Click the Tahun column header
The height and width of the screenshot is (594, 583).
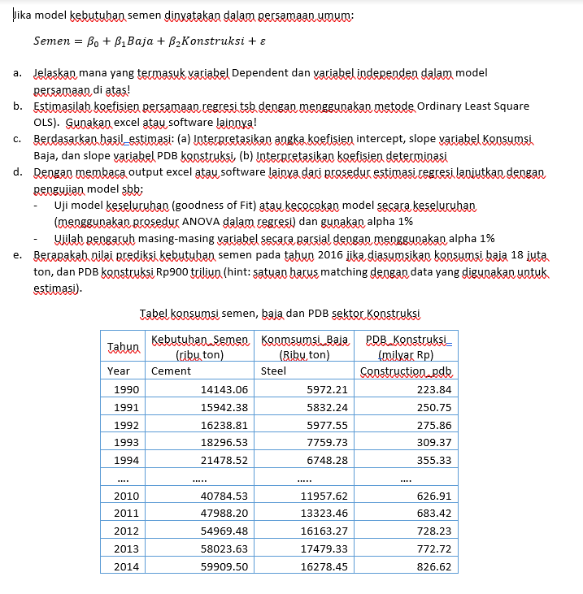point(124,346)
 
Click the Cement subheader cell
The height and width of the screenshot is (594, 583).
point(172,371)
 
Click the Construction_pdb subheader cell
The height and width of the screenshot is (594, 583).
point(406,371)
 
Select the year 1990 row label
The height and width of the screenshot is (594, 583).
point(125,390)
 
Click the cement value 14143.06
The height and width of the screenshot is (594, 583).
point(224,390)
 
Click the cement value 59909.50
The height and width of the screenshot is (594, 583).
point(224,566)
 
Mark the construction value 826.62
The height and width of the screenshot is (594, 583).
point(433,566)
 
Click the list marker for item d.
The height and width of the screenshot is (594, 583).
point(18,172)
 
